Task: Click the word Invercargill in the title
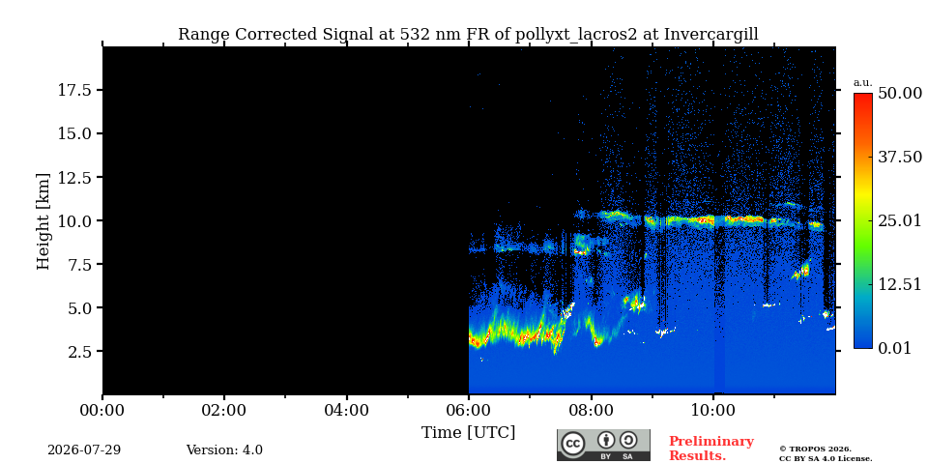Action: tap(711, 35)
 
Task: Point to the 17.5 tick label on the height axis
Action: tap(73, 90)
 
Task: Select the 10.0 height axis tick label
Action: tap(73, 220)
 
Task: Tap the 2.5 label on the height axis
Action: tap(77, 352)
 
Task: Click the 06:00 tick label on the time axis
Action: tap(469, 410)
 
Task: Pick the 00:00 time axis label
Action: tap(103, 410)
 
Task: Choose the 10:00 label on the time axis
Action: tap(713, 410)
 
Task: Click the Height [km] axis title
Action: tap(43, 221)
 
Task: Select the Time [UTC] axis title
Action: tap(468, 433)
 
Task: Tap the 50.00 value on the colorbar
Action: tap(900, 94)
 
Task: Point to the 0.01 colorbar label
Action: tap(896, 348)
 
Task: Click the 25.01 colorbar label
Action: tap(900, 221)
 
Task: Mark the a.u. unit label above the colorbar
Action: tap(863, 83)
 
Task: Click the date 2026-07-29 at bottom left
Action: tap(84, 450)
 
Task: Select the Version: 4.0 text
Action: tap(224, 450)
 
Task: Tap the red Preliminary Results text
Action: tap(711, 449)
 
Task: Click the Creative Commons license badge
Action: tap(603, 445)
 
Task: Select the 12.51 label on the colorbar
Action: tap(900, 284)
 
